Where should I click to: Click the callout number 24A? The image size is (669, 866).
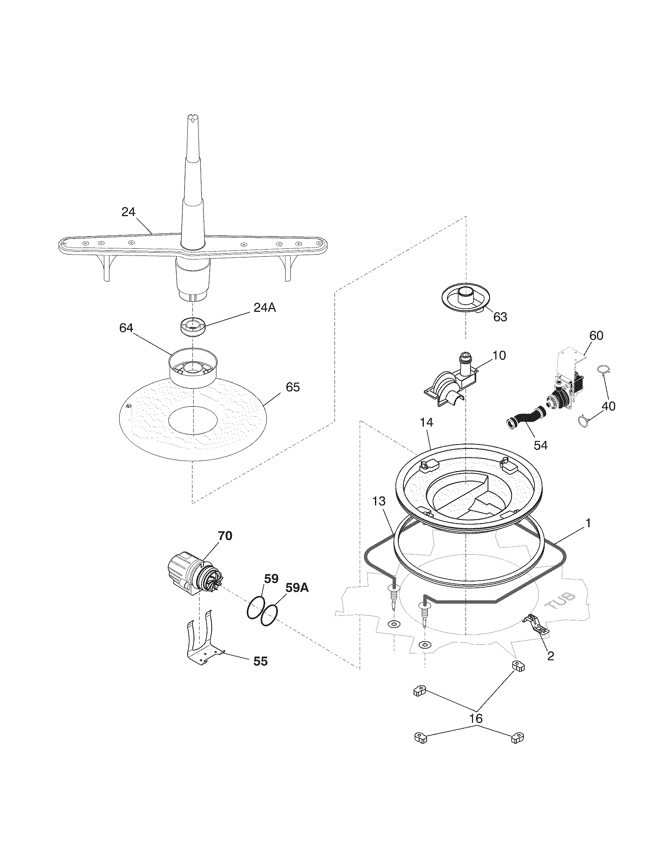click(264, 307)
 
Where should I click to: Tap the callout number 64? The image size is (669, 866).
click(126, 328)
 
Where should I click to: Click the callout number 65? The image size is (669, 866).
click(292, 387)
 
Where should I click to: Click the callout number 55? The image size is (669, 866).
click(261, 661)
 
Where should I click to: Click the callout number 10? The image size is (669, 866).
click(500, 355)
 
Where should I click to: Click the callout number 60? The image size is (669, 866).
click(596, 335)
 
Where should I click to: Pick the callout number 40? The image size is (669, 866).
click(608, 406)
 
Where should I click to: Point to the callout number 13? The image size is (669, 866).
click(379, 501)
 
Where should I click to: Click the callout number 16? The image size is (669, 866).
click(476, 718)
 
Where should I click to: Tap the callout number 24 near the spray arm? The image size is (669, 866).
click(128, 212)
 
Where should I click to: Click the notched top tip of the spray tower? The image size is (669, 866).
click(191, 118)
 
